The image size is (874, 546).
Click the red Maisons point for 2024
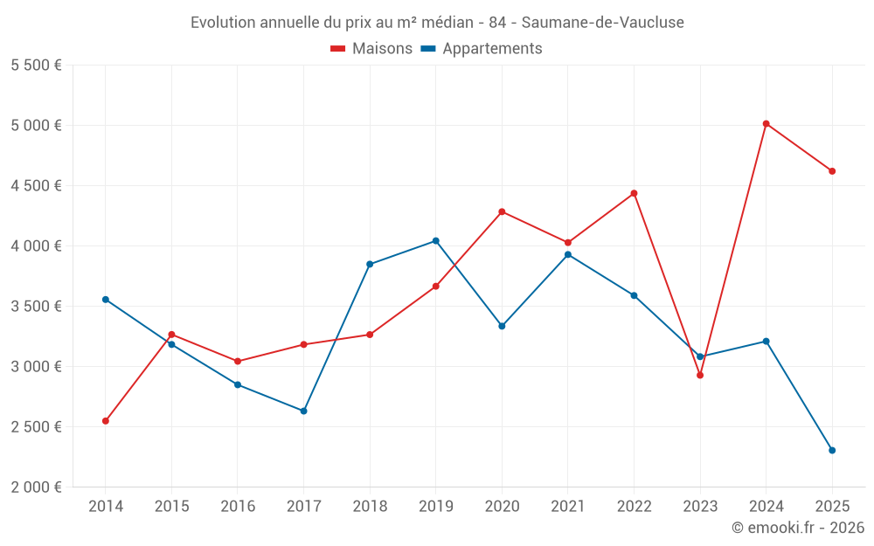[766, 124]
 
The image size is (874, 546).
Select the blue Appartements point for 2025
[832, 451]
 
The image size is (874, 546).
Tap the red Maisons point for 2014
[106, 421]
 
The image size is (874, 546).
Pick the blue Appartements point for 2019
[436, 241]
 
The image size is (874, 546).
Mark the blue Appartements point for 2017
[303, 411]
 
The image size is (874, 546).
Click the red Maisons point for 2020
[502, 211]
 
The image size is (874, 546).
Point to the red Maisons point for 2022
[634, 193]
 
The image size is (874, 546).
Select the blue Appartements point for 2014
[106, 300]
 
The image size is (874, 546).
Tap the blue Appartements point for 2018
[370, 264]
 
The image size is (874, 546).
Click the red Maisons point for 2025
[832, 171]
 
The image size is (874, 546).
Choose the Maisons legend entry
[371, 49]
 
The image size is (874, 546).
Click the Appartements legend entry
[482, 49]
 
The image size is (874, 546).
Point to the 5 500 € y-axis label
[36, 66]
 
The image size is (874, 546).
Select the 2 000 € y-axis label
[36, 487]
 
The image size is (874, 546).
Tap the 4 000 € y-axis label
[36, 246]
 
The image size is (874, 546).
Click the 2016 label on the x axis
[238, 507]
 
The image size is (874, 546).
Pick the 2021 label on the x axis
[568, 507]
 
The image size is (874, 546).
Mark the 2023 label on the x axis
[700, 507]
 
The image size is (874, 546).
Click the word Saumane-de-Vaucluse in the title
[603, 22]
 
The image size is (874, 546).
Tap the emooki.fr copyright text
[798, 528]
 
